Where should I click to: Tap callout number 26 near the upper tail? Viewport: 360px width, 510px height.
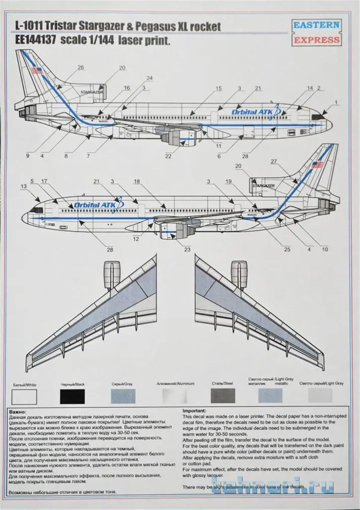click(x=81, y=67)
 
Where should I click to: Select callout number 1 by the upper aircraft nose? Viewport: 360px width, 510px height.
click(x=336, y=103)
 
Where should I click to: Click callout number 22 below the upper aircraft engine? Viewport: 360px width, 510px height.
click(x=168, y=156)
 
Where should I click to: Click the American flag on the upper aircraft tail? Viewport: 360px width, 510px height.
click(x=37, y=71)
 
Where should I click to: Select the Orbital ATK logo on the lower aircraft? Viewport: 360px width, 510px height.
click(x=97, y=205)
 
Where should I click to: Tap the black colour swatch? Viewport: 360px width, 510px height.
click(x=72, y=396)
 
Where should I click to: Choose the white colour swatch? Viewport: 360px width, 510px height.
click(x=24, y=396)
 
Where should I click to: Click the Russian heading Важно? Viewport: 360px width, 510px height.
click(x=18, y=412)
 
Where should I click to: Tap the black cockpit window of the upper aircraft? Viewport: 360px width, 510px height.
click(x=317, y=116)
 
